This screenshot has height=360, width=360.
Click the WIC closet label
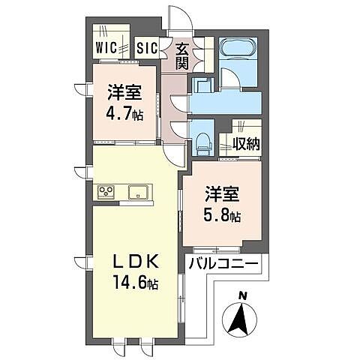[106, 48]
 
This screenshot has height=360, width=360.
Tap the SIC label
[148, 48]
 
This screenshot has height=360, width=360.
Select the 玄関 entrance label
[182, 57]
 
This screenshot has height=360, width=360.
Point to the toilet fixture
[203, 139]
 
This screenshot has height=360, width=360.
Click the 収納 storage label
[246, 142]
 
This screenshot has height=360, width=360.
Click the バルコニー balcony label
[223, 264]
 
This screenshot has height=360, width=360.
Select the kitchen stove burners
[106, 192]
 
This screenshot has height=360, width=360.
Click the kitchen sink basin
[139, 192]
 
